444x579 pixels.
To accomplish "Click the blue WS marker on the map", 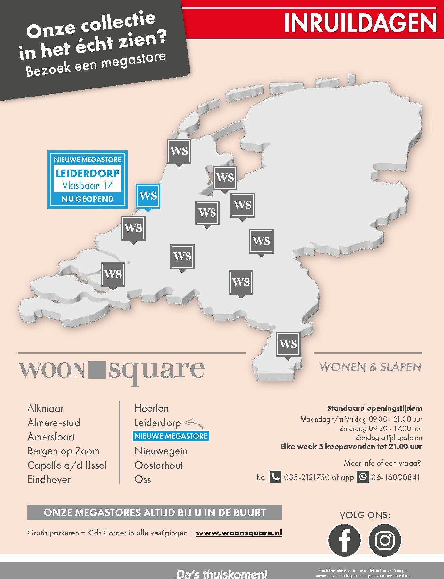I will pyautogui.click(x=148, y=196).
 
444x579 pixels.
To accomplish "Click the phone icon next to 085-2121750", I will pyautogui.click(x=275, y=477).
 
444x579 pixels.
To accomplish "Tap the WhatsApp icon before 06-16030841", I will pyautogui.click(x=363, y=477).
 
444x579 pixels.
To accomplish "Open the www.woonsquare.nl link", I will pyautogui.click(x=239, y=533).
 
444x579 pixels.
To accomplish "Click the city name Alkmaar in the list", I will pyautogui.click(x=46, y=408).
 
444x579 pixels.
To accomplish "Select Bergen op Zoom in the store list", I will pyautogui.click(x=63, y=451).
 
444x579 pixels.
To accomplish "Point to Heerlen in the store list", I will pyautogui.click(x=151, y=408).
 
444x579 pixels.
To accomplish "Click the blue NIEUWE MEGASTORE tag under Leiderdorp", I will pyautogui.click(x=171, y=436).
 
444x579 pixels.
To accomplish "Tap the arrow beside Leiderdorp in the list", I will pyautogui.click(x=194, y=423).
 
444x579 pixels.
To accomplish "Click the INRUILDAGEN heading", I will pyautogui.click(x=360, y=23).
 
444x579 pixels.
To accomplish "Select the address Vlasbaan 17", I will pyautogui.click(x=87, y=185).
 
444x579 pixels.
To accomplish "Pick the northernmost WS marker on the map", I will pyautogui.click(x=179, y=151).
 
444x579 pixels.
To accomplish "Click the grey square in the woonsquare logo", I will pyautogui.click(x=96, y=370).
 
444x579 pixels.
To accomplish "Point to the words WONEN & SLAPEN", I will pyautogui.click(x=370, y=367).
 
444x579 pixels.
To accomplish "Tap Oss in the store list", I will pyautogui.click(x=143, y=479).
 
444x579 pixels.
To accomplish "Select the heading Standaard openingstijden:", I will pyautogui.click(x=374, y=408).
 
